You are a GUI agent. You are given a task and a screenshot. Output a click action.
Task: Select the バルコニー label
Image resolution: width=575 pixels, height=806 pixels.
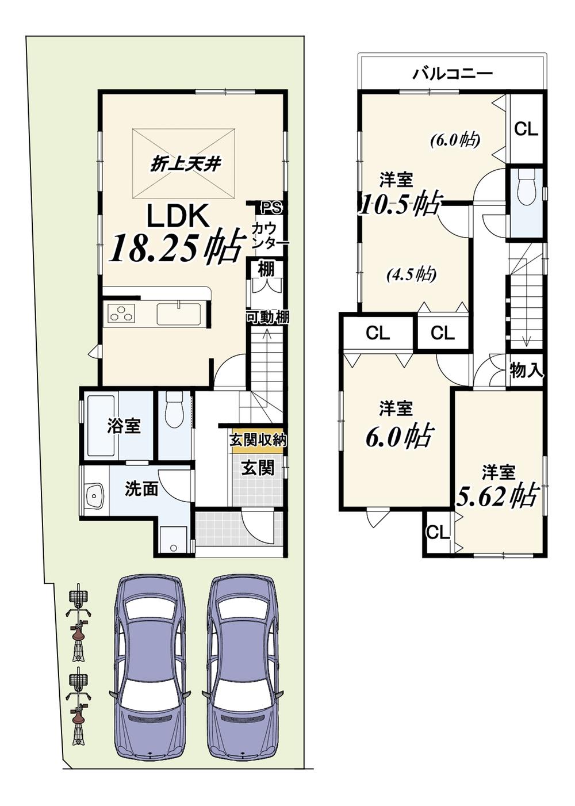click(453, 74)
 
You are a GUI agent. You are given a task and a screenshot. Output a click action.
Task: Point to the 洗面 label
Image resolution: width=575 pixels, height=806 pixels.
click(141, 489)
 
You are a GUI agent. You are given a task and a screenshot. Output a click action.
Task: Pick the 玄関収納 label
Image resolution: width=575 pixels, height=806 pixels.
click(258, 441)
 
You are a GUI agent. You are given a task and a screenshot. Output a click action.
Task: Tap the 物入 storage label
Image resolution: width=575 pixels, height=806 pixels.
click(526, 371)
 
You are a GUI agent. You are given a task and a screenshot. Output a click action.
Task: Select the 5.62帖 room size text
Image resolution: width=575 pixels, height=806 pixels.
click(497, 495)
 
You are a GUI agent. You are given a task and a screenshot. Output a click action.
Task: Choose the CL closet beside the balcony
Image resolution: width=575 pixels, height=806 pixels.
click(526, 129)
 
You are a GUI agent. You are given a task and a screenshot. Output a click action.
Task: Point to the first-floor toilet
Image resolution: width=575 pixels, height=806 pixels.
click(173, 409)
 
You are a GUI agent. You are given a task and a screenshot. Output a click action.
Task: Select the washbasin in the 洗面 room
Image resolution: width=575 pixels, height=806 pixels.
click(93, 495)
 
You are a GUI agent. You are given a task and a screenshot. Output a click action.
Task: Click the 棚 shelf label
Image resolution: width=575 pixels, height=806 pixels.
click(266, 269)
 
